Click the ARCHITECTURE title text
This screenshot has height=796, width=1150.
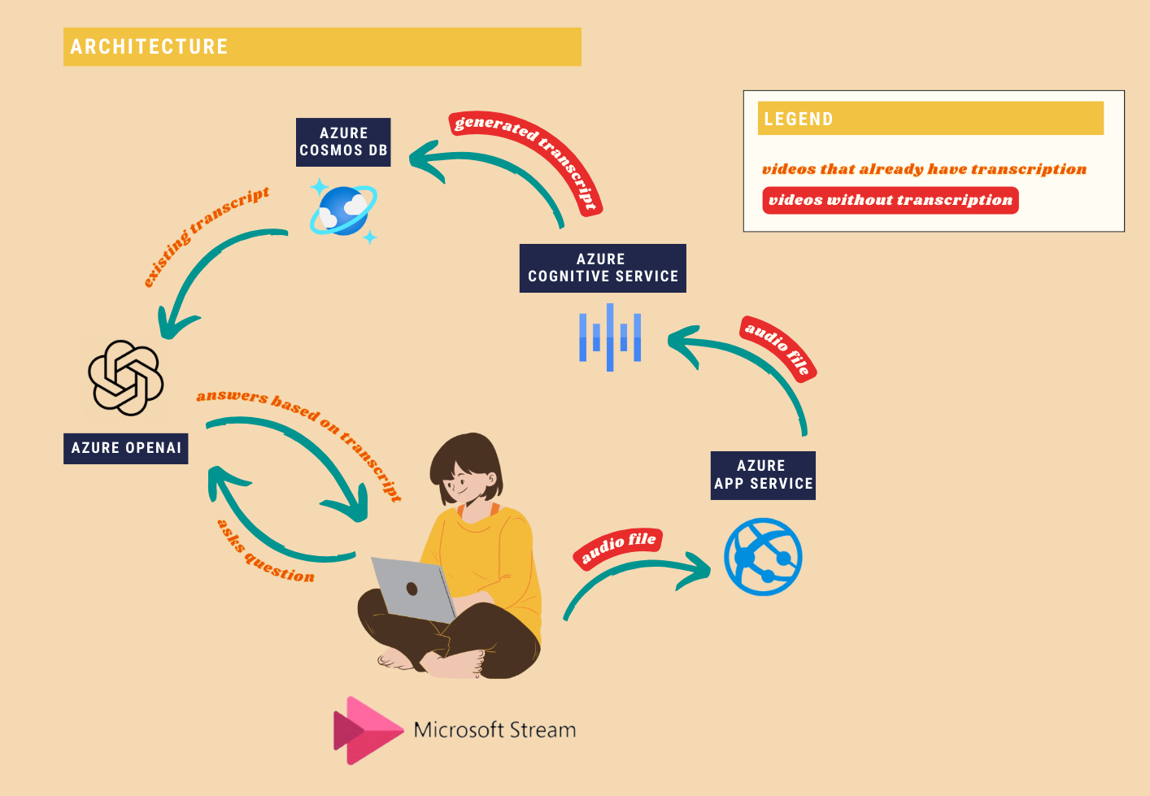pyautogui.click(x=149, y=46)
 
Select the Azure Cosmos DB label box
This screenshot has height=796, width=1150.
pyautogui.click(x=343, y=142)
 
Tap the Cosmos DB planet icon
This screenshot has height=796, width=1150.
pyautogui.click(x=343, y=211)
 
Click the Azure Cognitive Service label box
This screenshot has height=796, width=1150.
pyautogui.click(x=603, y=268)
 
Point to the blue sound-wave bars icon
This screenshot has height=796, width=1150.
pyautogui.click(x=610, y=337)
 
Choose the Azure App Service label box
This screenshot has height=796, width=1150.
pyautogui.click(x=763, y=475)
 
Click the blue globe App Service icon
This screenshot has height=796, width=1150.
pyautogui.click(x=763, y=557)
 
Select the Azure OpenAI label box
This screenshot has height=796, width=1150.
pyautogui.click(x=126, y=449)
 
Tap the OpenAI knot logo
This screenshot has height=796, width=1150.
pyautogui.click(x=126, y=378)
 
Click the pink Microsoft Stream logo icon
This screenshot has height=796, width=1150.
pyautogui.click(x=368, y=730)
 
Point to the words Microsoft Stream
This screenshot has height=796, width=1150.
pyautogui.click(x=495, y=730)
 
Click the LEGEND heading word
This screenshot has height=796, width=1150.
pyautogui.click(x=799, y=119)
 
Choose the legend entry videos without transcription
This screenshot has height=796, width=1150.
pyautogui.click(x=891, y=200)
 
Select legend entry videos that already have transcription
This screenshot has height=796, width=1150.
pyautogui.click(x=924, y=169)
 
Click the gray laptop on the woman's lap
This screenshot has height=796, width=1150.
pyautogui.click(x=413, y=589)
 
